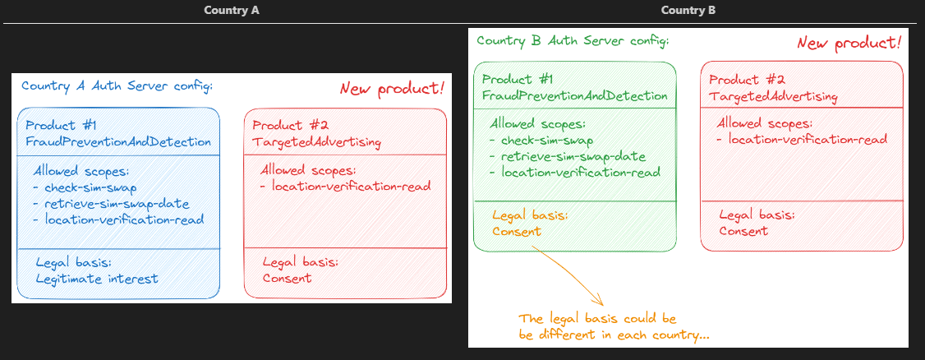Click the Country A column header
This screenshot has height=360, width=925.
coord(232,11)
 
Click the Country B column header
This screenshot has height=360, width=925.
coord(688,11)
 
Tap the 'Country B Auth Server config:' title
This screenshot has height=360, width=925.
coord(573,40)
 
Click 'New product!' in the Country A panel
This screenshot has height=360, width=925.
coord(393,89)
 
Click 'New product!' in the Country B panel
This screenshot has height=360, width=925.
coord(849,43)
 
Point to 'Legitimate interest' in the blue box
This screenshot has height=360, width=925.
coord(97,279)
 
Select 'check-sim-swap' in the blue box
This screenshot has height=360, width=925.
coord(90,187)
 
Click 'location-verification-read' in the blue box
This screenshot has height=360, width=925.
coord(124,219)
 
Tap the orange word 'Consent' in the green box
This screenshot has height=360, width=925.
coord(517,232)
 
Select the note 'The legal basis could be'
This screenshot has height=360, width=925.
coord(597,318)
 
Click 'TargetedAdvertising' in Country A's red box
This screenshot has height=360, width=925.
coord(316,142)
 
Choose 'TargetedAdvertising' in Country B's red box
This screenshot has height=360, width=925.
coord(773,97)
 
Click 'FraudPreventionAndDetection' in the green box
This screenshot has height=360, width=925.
coord(574,95)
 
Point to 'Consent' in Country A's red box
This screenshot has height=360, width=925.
coord(287,278)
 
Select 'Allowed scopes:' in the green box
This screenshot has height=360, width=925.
coord(537,124)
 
